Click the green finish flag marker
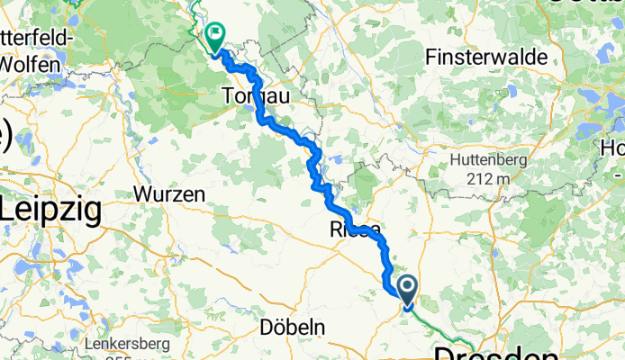[x=216, y=36]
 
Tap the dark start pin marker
[x=407, y=290]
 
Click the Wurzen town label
[x=163, y=193]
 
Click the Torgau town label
[x=255, y=94]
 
